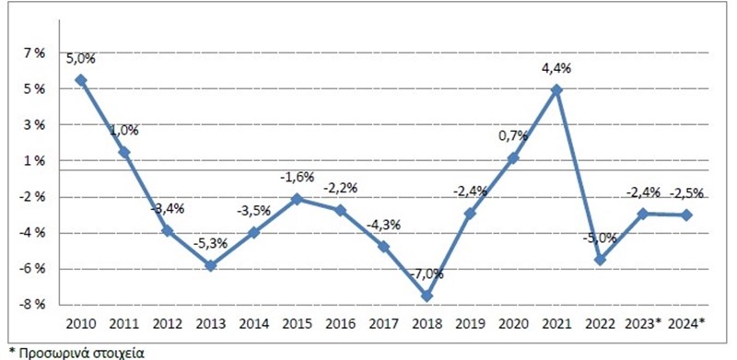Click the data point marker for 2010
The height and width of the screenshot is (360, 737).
click(x=81, y=80)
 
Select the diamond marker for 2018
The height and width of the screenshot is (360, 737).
click(x=427, y=296)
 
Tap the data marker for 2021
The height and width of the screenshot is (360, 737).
click(x=556, y=90)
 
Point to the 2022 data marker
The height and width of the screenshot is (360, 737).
click(x=600, y=260)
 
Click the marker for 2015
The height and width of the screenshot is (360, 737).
click(x=297, y=199)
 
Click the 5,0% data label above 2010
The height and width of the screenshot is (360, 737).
click(x=80, y=59)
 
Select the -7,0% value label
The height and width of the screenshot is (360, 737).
click(x=427, y=273)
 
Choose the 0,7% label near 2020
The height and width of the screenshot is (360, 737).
click(x=513, y=135)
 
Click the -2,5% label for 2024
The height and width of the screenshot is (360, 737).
click(x=686, y=192)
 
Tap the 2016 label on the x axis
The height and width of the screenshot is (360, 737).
click(x=340, y=324)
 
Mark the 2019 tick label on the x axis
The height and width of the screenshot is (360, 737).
click(x=470, y=324)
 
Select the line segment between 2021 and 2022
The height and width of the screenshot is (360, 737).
click(x=579, y=175)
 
